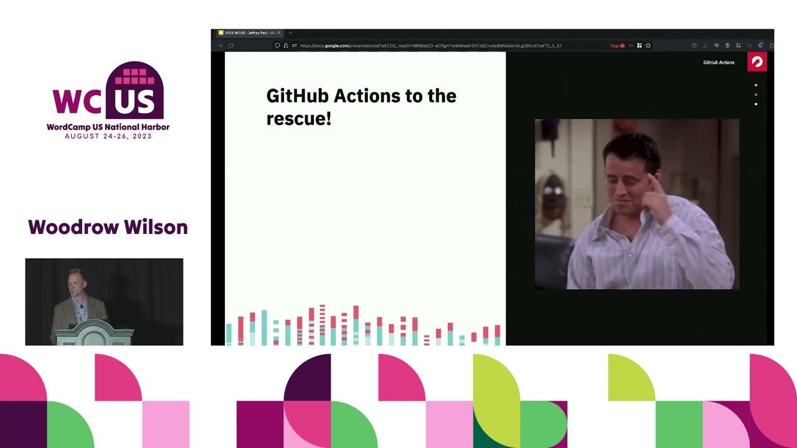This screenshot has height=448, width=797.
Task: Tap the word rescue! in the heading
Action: pyautogui.click(x=299, y=118)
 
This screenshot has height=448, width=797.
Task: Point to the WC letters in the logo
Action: pyautogui.click(x=76, y=101)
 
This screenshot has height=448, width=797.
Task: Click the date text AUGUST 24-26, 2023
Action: pyautogui.click(x=108, y=136)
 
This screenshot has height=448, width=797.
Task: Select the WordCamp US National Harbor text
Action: pyautogui.click(x=108, y=127)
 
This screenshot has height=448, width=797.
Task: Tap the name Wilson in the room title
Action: pyautogui.click(x=158, y=227)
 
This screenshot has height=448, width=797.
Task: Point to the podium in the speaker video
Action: pyautogui.click(x=93, y=333)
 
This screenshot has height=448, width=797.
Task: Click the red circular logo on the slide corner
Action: pyautogui.click(x=757, y=62)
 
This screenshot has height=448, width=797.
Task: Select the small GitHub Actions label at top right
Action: pyautogui.click(x=719, y=62)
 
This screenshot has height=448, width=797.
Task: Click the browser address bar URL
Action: pyautogui.click(x=430, y=45)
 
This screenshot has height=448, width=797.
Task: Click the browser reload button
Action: pyautogui.click(x=231, y=45)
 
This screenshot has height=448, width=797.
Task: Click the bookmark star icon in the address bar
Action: pyautogui.click(x=648, y=45)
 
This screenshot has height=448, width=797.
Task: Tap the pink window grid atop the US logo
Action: pyautogui.click(x=134, y=76)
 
